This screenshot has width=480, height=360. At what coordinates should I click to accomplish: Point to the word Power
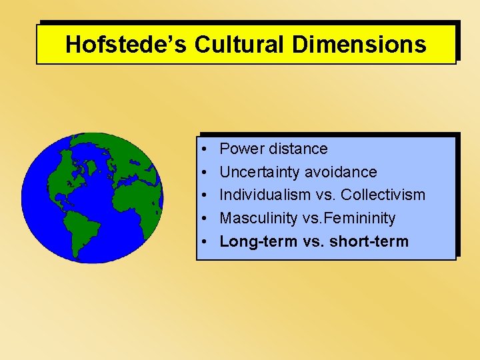[x=241, y=149]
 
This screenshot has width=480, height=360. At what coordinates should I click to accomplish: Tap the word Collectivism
[x=383, y=195]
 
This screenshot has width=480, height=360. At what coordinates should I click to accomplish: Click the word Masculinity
[x=257, y=218]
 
